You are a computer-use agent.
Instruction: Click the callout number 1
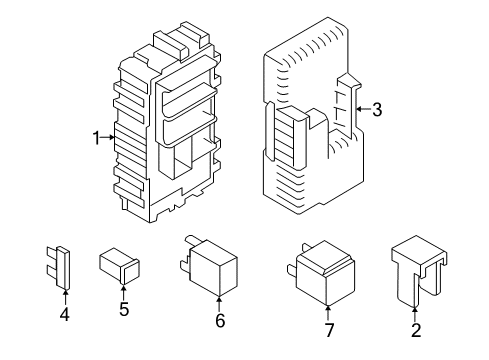point(96,138)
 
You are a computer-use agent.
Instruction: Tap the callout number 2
point(416,330)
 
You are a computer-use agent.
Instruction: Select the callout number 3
point(377,109)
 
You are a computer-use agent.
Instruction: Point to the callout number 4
point(65,315)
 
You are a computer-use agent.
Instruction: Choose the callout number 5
point(124,309)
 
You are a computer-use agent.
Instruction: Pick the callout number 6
point(220,321)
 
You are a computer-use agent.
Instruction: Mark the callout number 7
point(329,330)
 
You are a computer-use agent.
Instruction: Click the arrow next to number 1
point(107,137)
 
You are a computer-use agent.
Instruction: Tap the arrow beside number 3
point(363,109)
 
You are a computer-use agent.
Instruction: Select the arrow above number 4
point(65,298)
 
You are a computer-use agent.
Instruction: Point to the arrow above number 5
point(124,293)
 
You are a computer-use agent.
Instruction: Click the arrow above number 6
point(220,304)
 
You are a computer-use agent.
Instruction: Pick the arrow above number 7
point(328,313)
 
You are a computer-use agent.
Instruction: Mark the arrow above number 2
point(415,314)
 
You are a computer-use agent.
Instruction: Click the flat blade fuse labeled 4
point(58,268)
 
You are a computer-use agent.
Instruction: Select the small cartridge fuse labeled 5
point(119,266)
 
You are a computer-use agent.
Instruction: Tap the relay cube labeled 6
point(209,266)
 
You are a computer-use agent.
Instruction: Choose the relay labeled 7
point(321,273)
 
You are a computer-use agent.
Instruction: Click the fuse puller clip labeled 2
point(419,271)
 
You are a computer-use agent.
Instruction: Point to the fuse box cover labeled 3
point(312,116)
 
